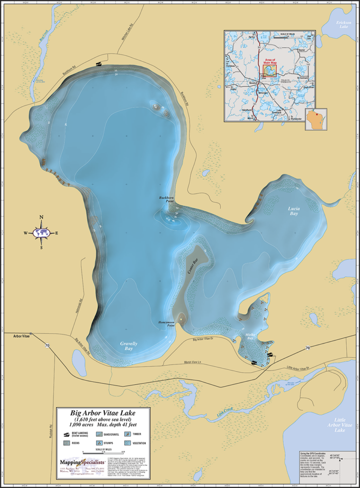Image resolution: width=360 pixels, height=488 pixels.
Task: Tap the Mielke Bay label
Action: [250, 336]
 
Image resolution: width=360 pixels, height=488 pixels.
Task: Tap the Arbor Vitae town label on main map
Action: [19, 335]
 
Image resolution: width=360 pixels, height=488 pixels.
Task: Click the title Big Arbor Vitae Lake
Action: [103, 413]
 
